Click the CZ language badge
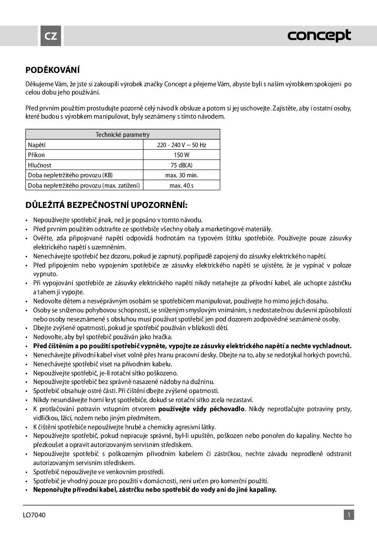point(51,36)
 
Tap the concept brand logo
point(319,36)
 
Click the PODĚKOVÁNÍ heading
point(53,70)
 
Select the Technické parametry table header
point(123,135)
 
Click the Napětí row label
point(37,145)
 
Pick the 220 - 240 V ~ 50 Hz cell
point(182,145)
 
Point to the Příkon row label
point(36,155)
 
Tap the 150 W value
point(182,155)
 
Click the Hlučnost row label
point(40,165)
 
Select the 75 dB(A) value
point(182,165)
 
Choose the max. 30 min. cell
point(182,175)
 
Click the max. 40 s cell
point(182,186)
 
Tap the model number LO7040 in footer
point(35,515)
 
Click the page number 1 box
point(349,515)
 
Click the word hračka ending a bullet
point(150,337)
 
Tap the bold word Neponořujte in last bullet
point(53,490)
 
